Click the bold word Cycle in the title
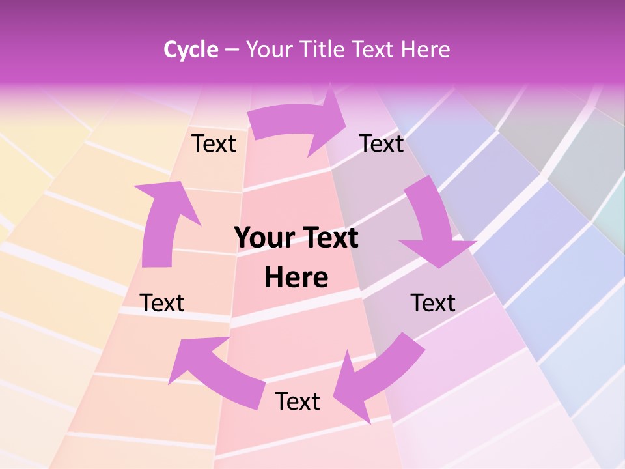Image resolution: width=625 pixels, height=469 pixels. tap(191, 50)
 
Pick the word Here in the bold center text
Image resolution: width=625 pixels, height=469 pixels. tap(296, 278)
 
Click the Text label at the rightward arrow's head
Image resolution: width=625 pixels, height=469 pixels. tap(382, 143)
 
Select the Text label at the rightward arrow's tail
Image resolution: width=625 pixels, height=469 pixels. tap(214, 143)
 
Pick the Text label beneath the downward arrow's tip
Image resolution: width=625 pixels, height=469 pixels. tap(433, 303)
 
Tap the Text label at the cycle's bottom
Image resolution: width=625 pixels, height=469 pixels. tap(298, 401)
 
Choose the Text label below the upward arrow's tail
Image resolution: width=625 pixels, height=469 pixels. tap(162, 303)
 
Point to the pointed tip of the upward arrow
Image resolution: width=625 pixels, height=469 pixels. tap(176, 184)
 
